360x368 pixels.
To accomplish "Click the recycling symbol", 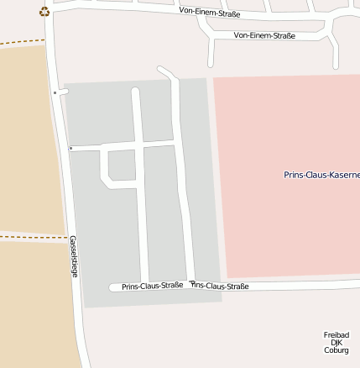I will pos(44,12).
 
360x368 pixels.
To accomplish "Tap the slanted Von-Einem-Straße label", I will pos(209,13).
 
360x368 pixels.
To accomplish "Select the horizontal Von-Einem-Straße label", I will pos(264,35).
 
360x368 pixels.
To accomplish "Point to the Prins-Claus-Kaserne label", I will pos(322,175).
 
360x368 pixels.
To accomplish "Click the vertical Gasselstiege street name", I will pos(74,256).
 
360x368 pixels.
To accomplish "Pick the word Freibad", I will pos(336,334).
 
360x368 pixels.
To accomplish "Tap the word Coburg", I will pos(336,350).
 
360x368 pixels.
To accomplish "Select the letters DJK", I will pos(336,342).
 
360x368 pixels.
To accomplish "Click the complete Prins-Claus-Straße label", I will pos(152,286).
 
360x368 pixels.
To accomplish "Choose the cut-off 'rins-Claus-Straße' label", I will pos(220,286).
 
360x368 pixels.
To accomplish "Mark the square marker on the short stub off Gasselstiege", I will pos(55,92).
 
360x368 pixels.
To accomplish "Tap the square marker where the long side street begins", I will pos(70,149).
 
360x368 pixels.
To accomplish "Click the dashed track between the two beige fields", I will pos(34,237).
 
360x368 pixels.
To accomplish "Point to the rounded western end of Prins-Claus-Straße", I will pos(112,287).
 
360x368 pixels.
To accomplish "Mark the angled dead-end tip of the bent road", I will pos(160,71).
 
